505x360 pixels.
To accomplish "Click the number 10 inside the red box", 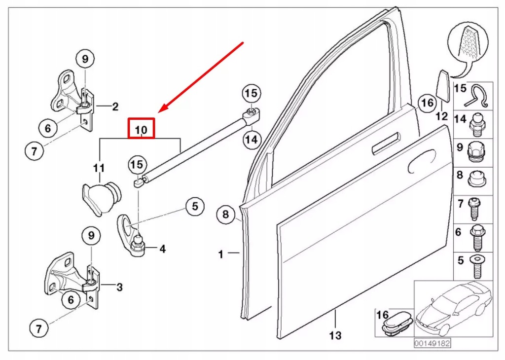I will pos(142,129).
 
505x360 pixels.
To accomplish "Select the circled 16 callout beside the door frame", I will pos(427,103).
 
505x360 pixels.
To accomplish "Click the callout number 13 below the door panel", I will pos(335,336).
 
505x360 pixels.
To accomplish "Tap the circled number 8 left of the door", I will pos(225,215).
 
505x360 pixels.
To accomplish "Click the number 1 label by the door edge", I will pos(221,254).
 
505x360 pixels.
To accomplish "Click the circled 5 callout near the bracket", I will pos(195,206).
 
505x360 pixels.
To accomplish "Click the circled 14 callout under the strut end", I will pos(252,140).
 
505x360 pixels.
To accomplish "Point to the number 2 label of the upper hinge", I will pos(115,106).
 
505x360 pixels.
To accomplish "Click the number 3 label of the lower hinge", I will pos(119,287).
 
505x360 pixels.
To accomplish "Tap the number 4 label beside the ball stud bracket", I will pos(162,250).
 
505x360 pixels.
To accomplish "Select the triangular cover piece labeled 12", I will pos(442,87).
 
